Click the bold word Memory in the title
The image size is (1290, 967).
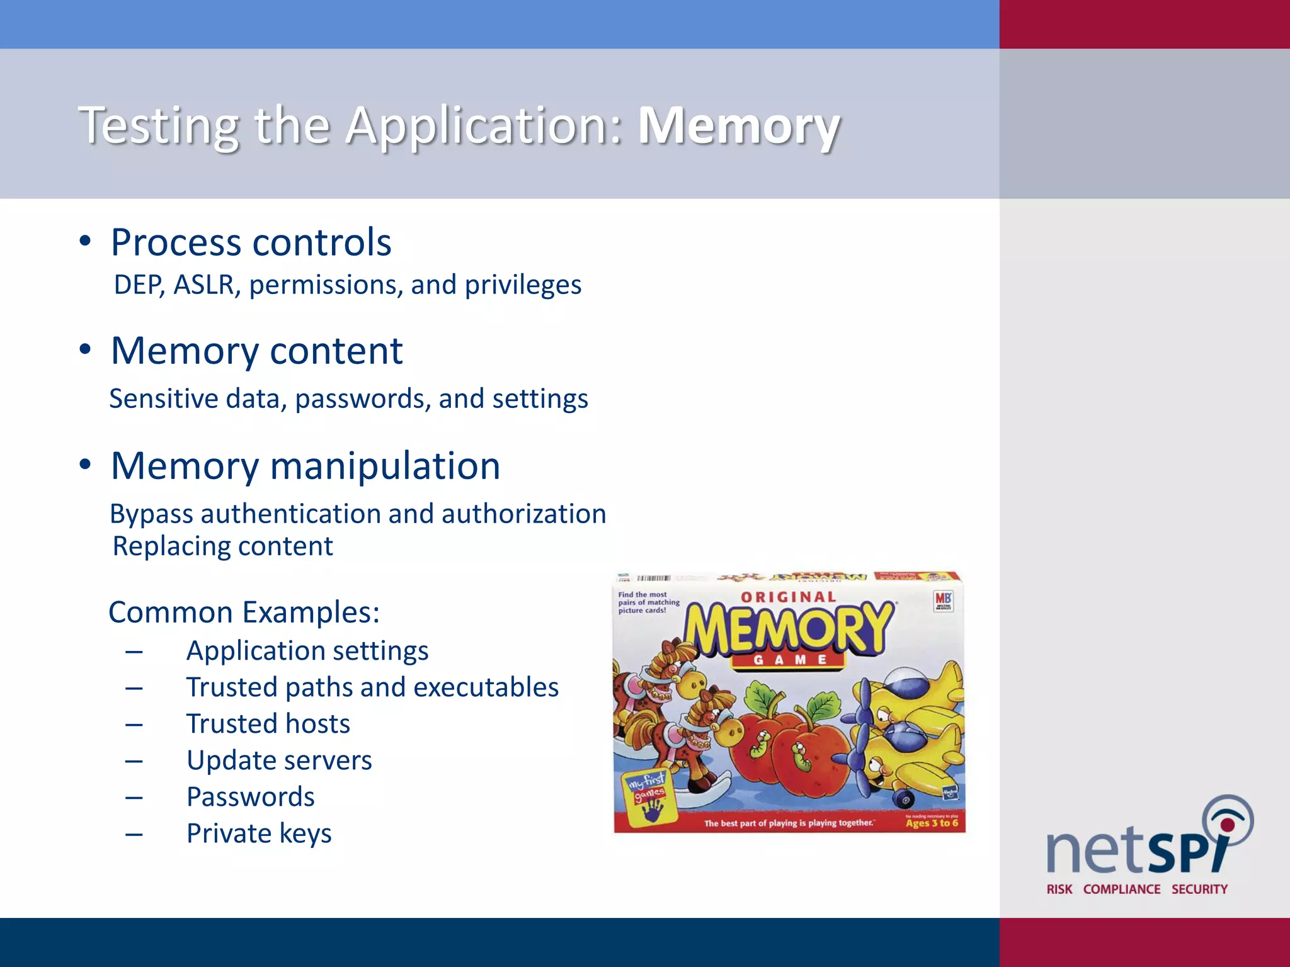(x=738, y=126)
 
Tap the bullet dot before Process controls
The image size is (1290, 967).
(x=86, y=242)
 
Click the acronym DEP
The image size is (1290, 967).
(x=139, y=285)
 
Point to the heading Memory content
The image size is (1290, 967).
(x=256, y=351)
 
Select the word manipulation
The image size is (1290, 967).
(x=385, y=466)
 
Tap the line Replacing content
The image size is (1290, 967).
(x=222, y=546)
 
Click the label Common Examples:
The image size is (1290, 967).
(x=244, y=612)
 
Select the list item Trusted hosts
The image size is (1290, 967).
(x=268, y=723)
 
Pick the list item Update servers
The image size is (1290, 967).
(x=279, y=760)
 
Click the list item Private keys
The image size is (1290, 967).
(x=259, y=833)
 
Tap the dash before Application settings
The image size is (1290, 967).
(x=134, y=651)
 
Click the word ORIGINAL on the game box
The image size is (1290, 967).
(x=788, y=597)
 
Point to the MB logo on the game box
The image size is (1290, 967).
(x=943, y=601)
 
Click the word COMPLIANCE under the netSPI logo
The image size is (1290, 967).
(x=1121, y=889)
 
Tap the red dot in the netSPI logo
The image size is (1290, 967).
(x=1227, y=824)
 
